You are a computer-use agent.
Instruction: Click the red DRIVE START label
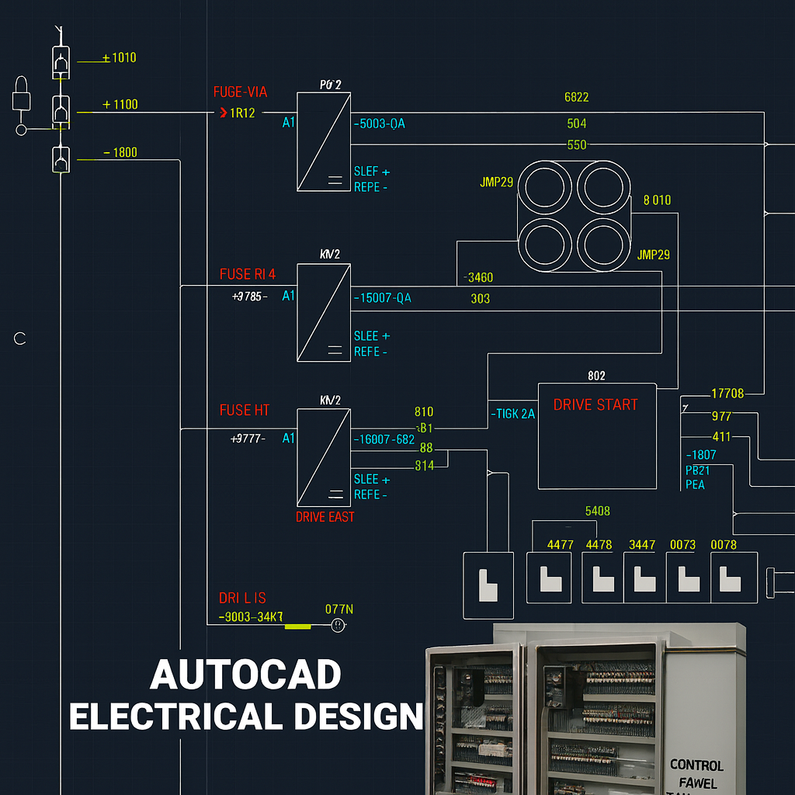point(595,404)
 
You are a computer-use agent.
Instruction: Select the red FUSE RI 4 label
point(247,274)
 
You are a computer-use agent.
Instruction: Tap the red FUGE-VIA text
point(240,92)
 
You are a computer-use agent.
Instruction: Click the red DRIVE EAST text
point(325,517)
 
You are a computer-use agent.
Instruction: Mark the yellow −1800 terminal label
point(120,152)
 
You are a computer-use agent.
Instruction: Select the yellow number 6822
point(576,97)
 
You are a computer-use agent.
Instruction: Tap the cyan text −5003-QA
point(380,123)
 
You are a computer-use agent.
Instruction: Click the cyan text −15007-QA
point(383,298)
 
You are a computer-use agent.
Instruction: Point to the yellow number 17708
point(727,394)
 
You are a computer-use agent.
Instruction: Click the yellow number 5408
point(597,511)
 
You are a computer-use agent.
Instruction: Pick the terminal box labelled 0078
point(732,577)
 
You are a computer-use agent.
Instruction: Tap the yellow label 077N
point(338,609)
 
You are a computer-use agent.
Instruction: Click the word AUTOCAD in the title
point(245,675)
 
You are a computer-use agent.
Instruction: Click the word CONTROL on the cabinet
point(696,765)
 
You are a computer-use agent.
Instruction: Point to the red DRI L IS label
point(242,598)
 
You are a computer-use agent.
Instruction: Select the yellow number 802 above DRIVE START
point(596,376)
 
